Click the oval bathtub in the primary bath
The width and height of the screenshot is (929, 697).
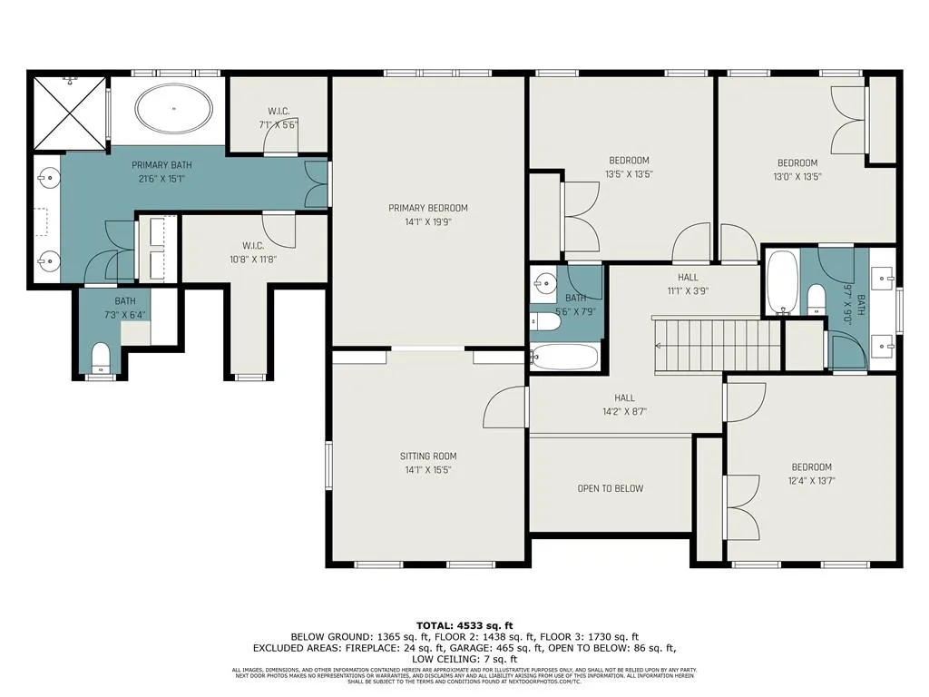click(x=175, y=110)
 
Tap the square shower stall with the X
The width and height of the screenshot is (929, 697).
click(x=71, y=113)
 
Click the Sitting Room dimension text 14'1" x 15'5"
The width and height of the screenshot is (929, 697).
click(x=428, y=470)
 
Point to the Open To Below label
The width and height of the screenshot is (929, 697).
click(x=611, y=488)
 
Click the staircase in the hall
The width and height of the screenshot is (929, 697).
click(x=716, y=346)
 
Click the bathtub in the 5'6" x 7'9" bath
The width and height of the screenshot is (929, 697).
click(x=565, y=357)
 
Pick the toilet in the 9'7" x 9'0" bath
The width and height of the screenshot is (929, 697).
click(x=815, y=299)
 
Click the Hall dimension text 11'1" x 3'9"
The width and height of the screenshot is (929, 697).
click(x=688, y=291)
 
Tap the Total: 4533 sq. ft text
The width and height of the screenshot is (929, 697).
click(x=464, y=625)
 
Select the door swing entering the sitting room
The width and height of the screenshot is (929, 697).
click(x=504, y=407)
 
